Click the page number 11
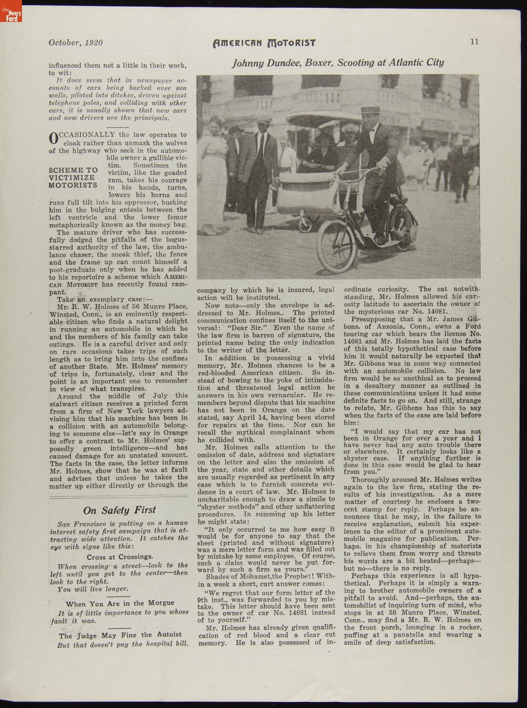474,42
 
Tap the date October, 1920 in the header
76,43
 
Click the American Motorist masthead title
264,43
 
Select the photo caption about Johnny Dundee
338,62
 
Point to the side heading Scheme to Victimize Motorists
73,178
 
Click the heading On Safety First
119,510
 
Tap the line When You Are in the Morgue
120,603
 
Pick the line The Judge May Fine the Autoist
120,635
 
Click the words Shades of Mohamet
238,576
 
